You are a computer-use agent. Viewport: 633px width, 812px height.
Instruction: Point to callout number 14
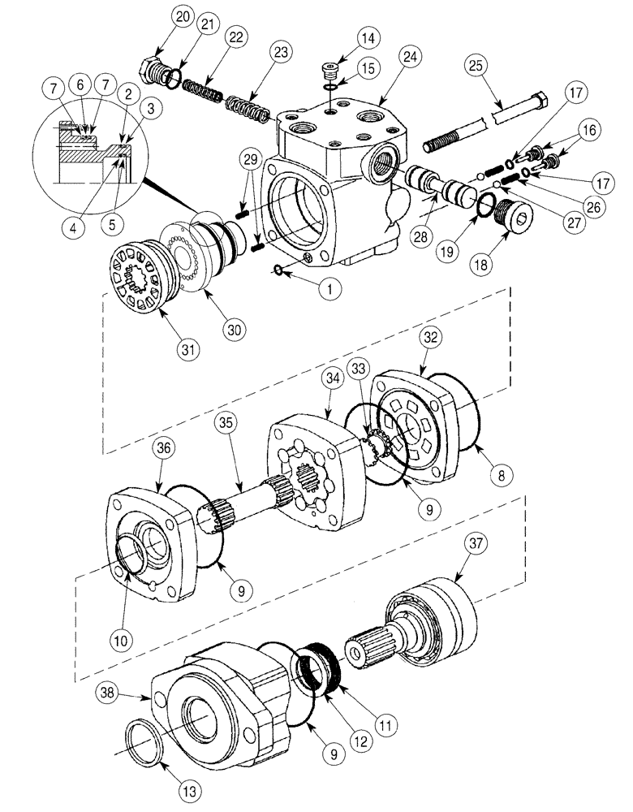tap(368, 38)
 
